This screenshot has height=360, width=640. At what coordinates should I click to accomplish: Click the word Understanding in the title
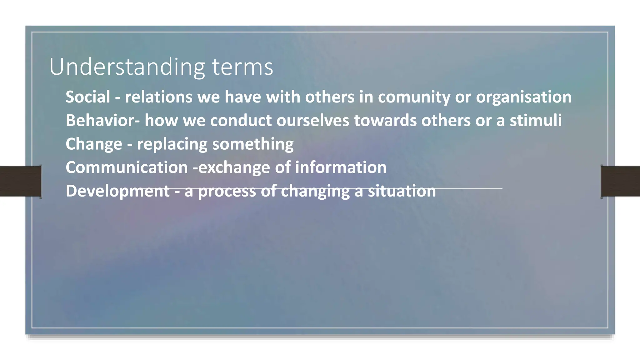(x=127, y=67)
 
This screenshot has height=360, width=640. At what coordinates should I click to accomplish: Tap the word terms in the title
(x=242, y=67)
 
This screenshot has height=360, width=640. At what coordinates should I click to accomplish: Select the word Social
(x=88, y=97)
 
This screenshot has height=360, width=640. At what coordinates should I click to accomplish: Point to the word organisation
(x=524, y=97)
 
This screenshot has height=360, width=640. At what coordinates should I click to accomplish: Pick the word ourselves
(x=312, y=120)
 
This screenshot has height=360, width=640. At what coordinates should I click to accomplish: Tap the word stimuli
(x=536, y=120)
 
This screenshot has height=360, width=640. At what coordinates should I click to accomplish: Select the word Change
(x=94, y=144)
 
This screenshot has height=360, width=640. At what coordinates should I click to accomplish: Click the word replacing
(x=172, y=144)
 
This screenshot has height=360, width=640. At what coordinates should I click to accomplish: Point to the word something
(x=253, y=144)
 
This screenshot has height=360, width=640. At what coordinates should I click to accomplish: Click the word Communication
(x=127, y=167)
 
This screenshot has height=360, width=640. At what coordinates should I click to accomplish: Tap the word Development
(x=117, y=191)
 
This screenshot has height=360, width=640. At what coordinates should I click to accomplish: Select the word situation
(x=402, y=191)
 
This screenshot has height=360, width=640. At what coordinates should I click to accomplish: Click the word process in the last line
(x=227, y=191)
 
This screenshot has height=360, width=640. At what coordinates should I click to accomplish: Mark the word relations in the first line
(x=158, y=97)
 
